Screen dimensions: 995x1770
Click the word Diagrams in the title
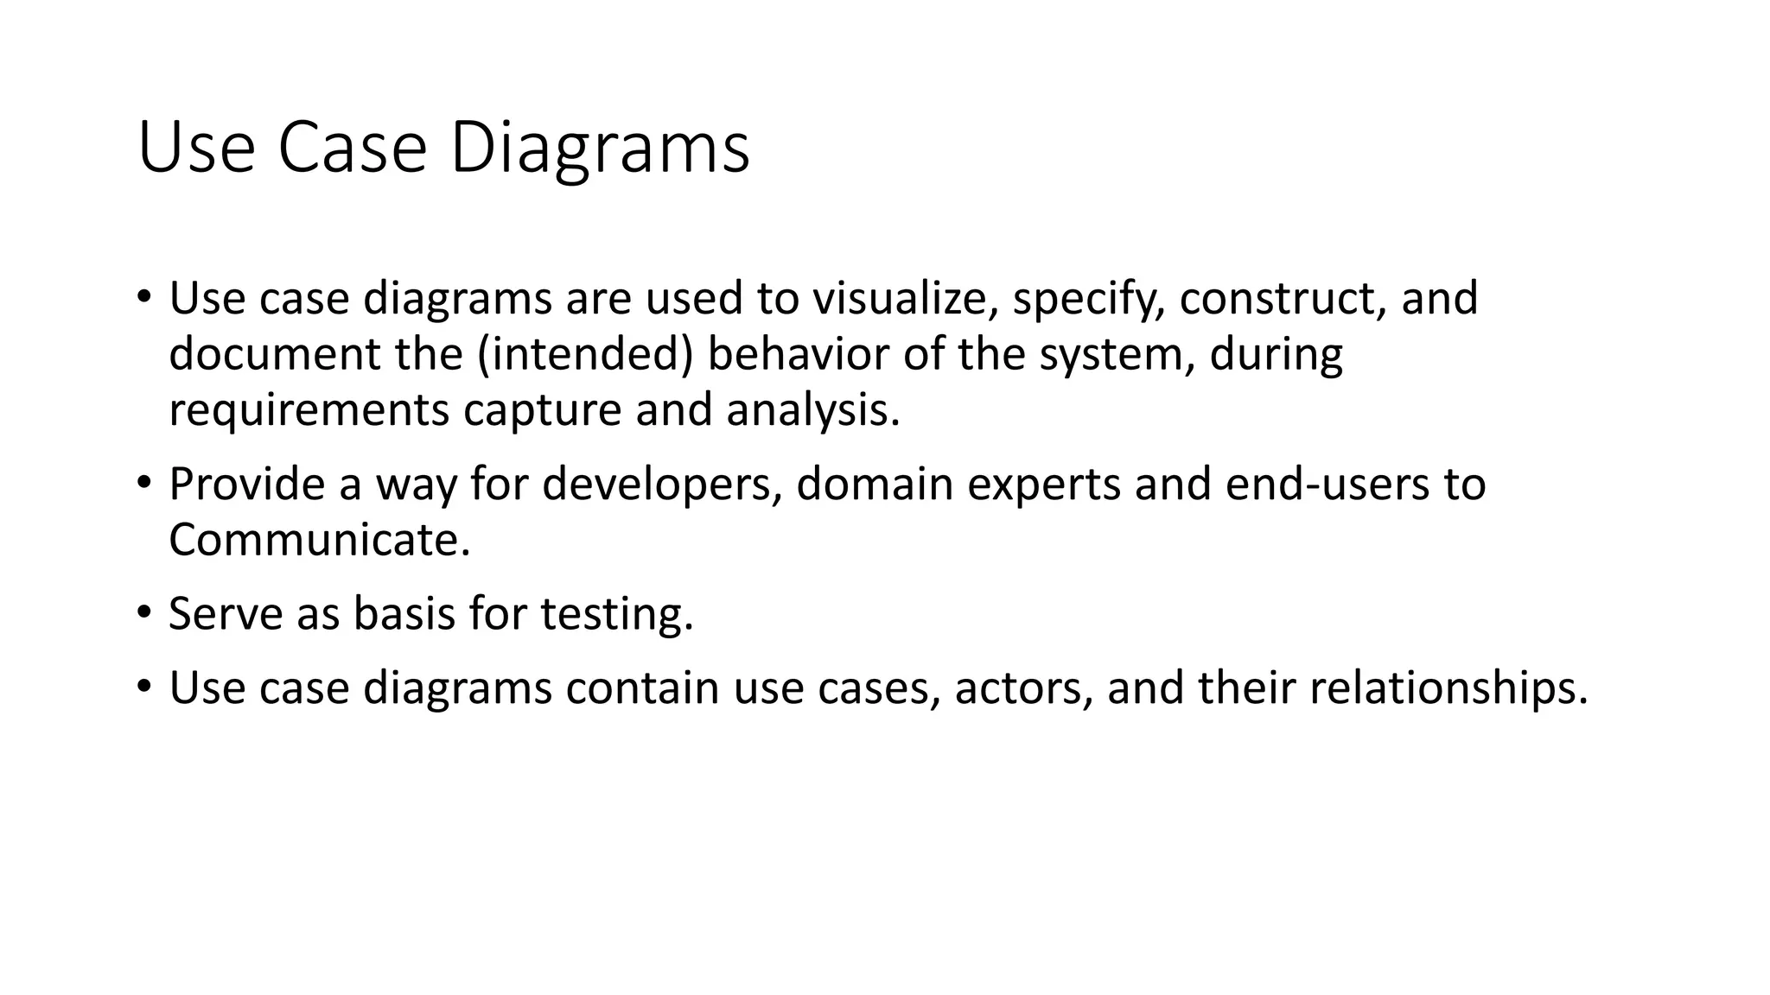pyautogui.click(x=599, y=149)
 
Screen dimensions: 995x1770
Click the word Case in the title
pyautogui.click(x=352, y=149)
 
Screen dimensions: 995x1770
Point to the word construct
pyautogui.click(x=1283, y=299)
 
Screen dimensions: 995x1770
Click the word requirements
pyautogui.click(x=309, y=410)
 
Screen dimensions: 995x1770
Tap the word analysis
pyautogui.click(x=812, y=410)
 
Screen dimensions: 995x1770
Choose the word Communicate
pyautogui.click(x=319, y=541)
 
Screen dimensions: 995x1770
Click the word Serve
pyautogui.click(x=226, y=614)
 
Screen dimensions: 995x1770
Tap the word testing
pyautogui.click(x=617, y=614)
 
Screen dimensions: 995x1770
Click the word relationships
pyautogui.click(x=1448, y=688)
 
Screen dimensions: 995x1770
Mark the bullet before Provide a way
pyautogui.click(x=143, y=483)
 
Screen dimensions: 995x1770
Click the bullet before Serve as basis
pyautogui.click(x=143, y=612)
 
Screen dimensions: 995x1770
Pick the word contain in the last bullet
pyautogui.click(x=643, y=688)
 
